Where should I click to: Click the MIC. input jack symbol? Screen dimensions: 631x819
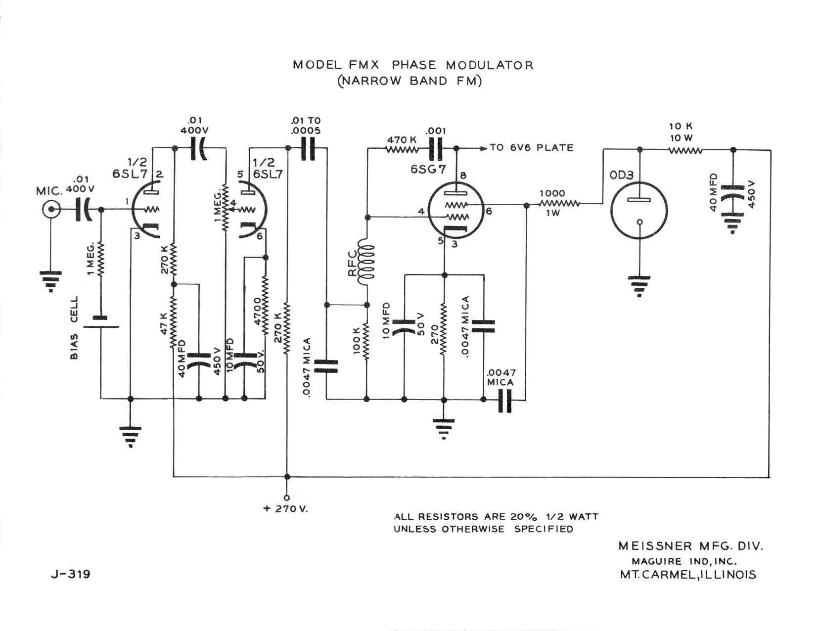pyautogui.click(x=50, y=210)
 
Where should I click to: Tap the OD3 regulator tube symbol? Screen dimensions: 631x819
pyautogui.click(x=639, y=207)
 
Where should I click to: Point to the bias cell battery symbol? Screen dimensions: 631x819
pyautogui.click(x=101, y=322)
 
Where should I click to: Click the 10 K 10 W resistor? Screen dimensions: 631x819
pyautogui.click(x=685, y=150)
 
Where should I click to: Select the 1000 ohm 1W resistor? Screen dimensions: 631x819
pyautogui.click(x=559, y=203)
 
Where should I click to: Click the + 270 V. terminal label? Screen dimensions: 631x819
pyautogui.click(x=286, y=509)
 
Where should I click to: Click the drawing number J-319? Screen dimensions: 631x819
pyautogui.click(x=70, y=574)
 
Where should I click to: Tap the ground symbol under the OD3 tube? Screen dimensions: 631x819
pyautogui.click(x=639, y=286)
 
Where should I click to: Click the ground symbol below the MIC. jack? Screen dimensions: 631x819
pyautogui.click(x=50, y=281)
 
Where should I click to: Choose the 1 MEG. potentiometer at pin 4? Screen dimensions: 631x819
pyautogui.click(x=225, y=208)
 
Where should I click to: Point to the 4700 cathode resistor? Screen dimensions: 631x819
pyautogui.click(x=266, y=307)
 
